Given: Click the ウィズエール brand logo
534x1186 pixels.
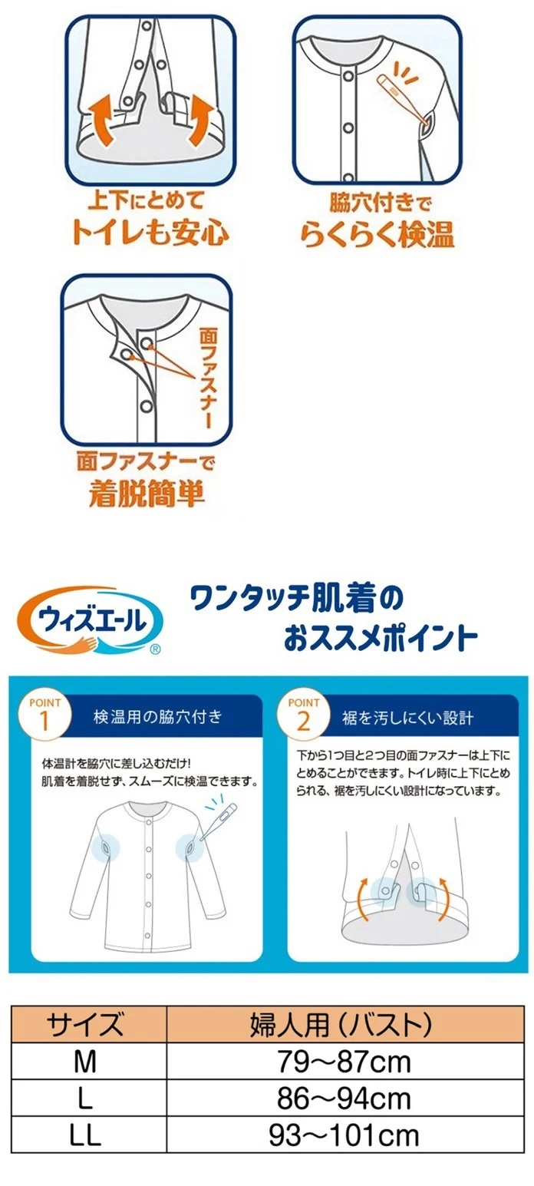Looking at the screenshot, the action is pyautogui.click(x=89, y=619).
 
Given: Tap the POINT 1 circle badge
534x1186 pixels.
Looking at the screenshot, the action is pyautogui.click(x=44, y=715).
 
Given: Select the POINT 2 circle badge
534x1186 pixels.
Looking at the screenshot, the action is pyautogui.click(x=303, y=715).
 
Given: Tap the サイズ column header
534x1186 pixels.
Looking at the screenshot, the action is pyautogui.click(x=85, y=1023).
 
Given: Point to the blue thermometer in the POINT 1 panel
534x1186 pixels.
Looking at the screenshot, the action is pyautogui.click(x=218, y=820).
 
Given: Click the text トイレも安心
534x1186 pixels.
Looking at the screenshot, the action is pyautogui.click(x=150, y=233).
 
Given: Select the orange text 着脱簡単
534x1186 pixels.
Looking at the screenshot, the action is pyautogui.click(x=147, y=493).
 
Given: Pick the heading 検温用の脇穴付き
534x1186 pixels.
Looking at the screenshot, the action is pyautogui.click(x=157, y=717).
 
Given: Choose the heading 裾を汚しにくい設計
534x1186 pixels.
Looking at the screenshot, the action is pyautogui.click(x=407, y=718).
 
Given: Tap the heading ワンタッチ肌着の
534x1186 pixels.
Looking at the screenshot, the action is pyautogui.click(x=296, y=599).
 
